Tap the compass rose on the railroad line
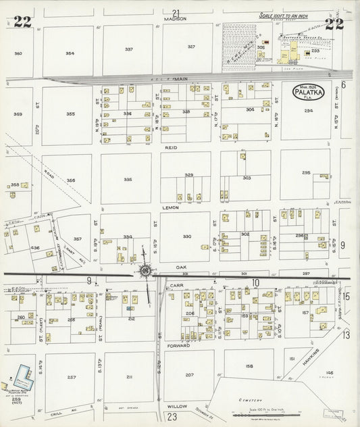tap(145, 272)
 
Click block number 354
tap(70, 53)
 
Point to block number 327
tap(191, 47)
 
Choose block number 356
tap(70, 180)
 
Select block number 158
tap(249, 366)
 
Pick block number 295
tap(306, 173)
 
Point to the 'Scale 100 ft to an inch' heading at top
tap(284, 15)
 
